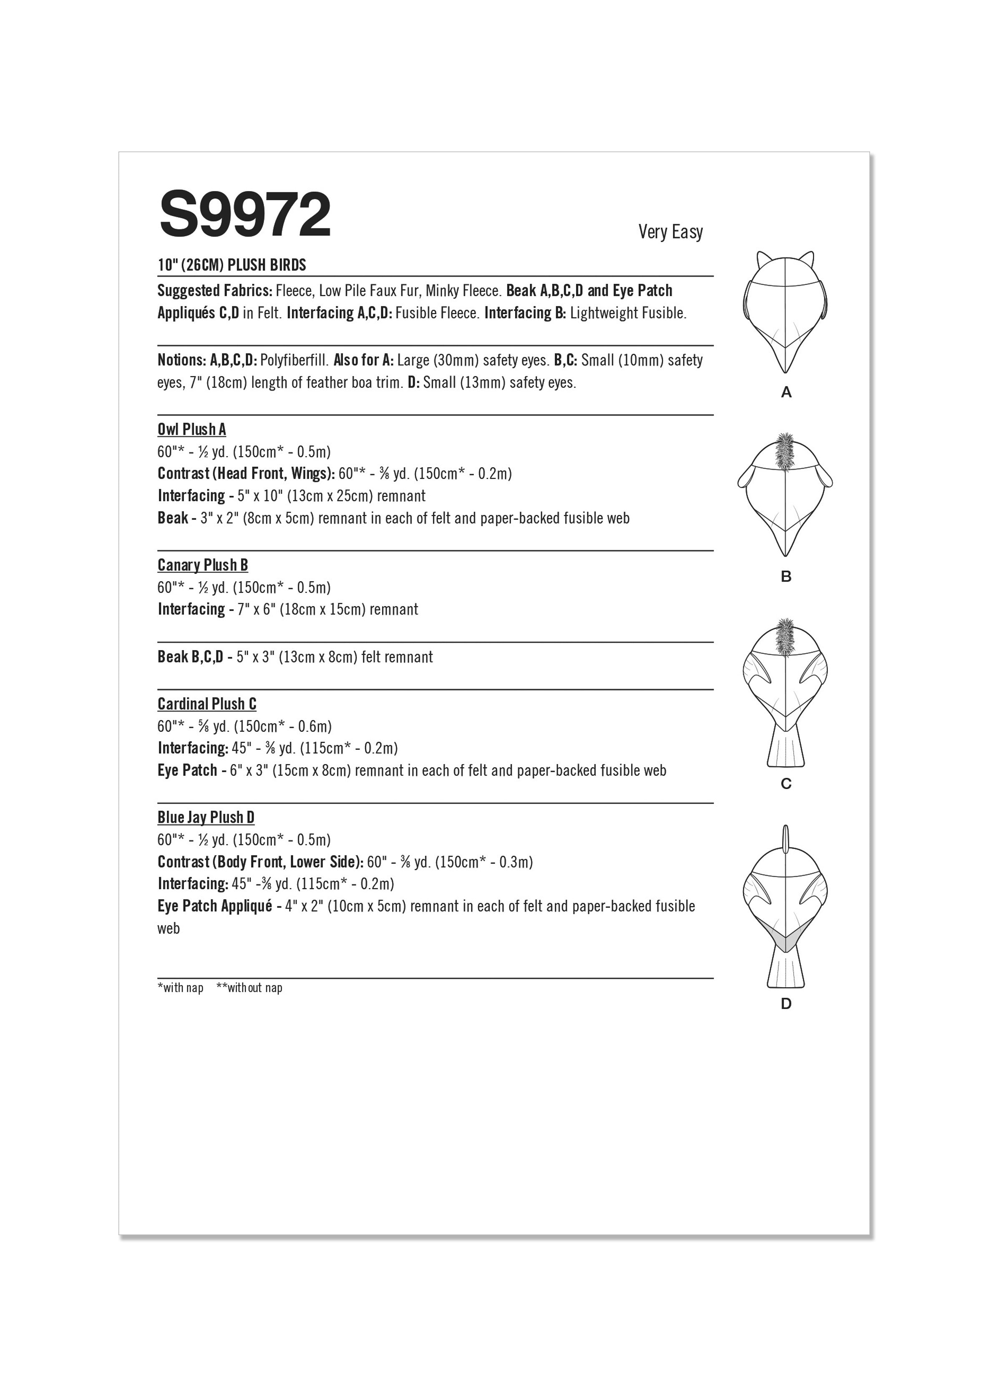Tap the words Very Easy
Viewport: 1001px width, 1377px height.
tap(670, 232)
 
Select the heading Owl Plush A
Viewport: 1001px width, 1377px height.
tap(192, 430)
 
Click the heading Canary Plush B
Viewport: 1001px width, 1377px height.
tap(203, 565)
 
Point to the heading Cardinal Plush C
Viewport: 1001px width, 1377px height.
tap(207, 704)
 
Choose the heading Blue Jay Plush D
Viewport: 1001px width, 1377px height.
tap(206, 818)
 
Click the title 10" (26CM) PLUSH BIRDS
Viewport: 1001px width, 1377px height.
tap(232, 265)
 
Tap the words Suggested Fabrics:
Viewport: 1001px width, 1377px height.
tap(215, 291)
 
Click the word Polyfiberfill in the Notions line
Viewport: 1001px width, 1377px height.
tap(294, 361)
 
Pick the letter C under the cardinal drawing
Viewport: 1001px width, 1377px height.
tap(786, 784)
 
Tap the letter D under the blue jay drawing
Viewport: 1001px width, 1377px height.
tap(786, 1004)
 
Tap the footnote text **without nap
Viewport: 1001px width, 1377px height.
tap(249, 988)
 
